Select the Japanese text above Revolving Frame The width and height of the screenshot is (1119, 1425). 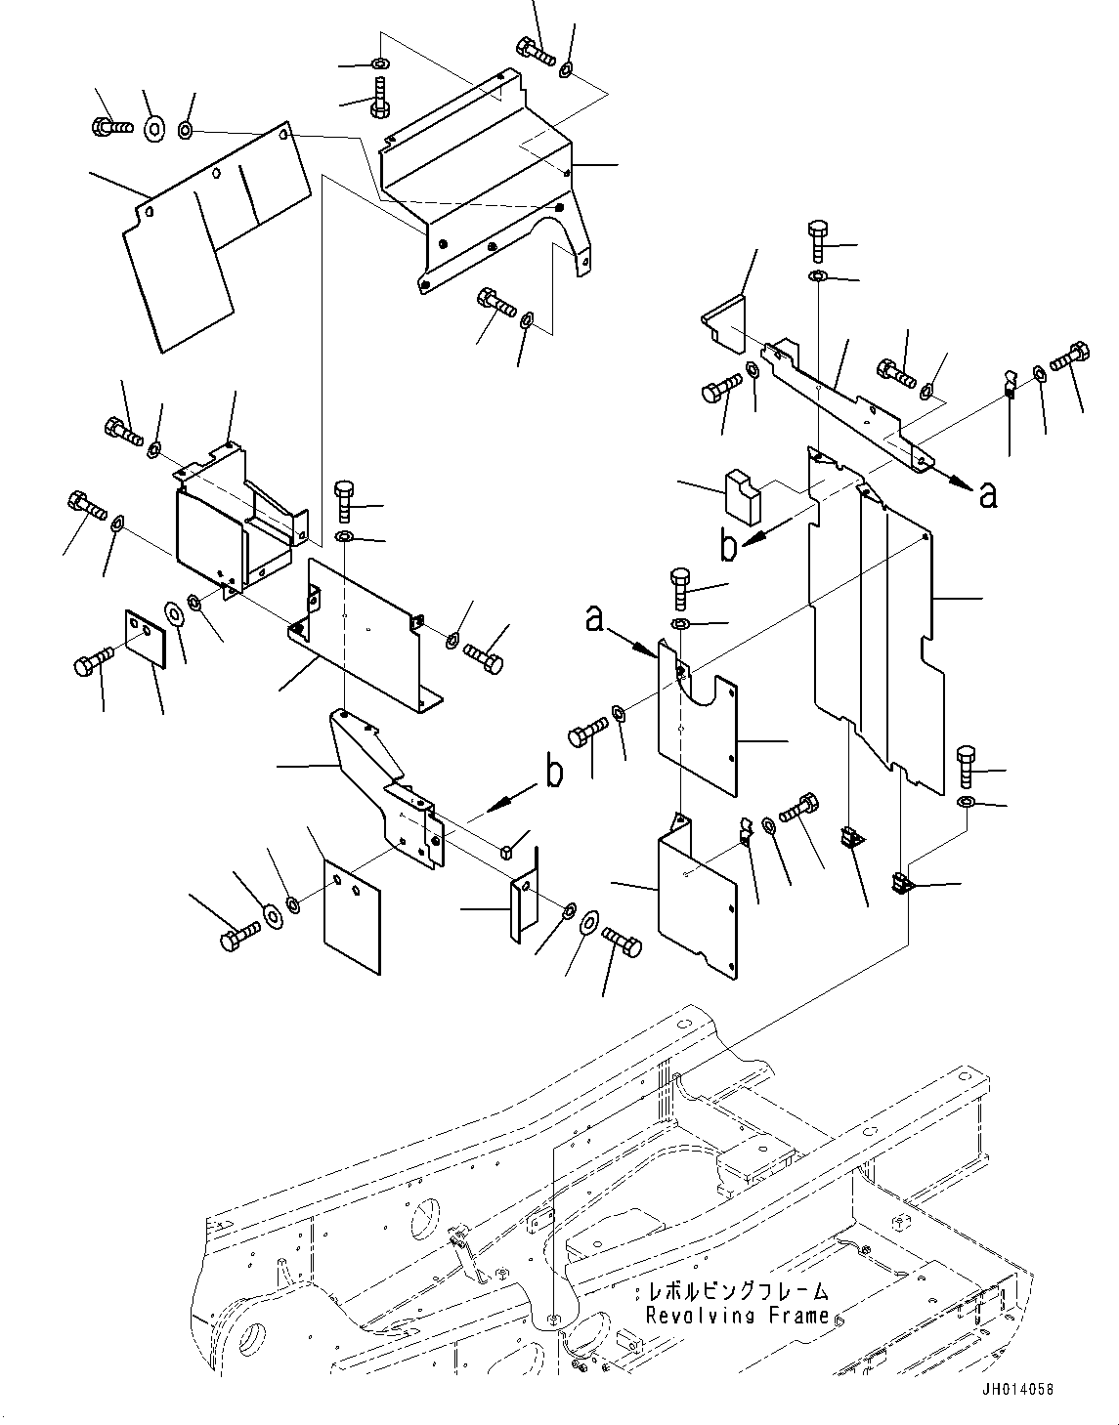click(737, 1292)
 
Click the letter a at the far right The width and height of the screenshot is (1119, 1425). click(988, 496)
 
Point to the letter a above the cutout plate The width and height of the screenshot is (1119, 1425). click(595, 618)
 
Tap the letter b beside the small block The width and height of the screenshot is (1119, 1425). click(729, 547)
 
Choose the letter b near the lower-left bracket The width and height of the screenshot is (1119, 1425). click(554, 774)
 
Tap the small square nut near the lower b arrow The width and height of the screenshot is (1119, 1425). click(506, 854)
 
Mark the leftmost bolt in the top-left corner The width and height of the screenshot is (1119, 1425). click(108, 126)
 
